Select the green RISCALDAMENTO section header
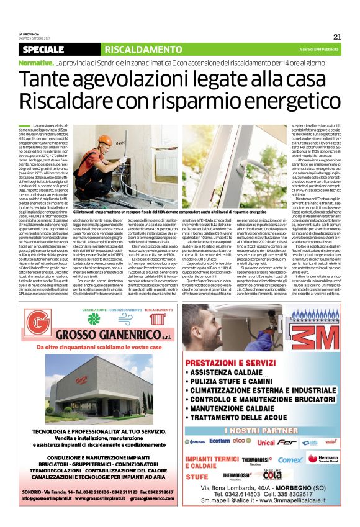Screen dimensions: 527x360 pos(134,49)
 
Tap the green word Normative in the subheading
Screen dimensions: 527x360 pos(35,63)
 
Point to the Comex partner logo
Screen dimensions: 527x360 pos(291,460)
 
